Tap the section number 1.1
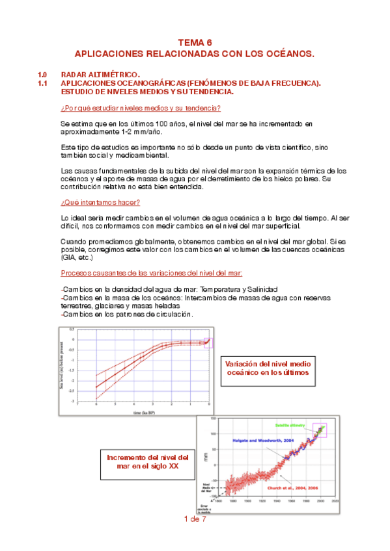tap(43, 84)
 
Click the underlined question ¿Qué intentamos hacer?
tap(100, 203)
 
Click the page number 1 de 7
tap(195, 519)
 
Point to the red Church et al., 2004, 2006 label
tap(294, 485)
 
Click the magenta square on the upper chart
tap(208, 342)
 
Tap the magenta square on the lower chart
tap(319, 430)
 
